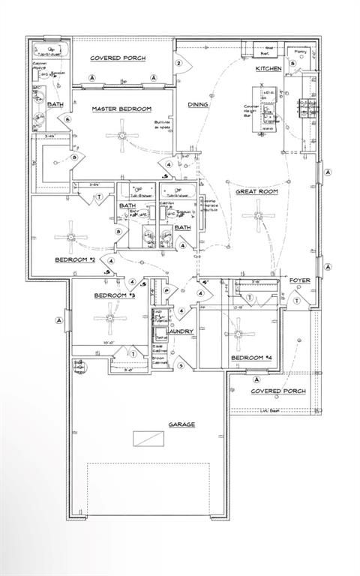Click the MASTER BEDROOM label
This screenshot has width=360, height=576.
tap(121, 109)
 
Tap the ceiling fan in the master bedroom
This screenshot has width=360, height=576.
tap(121, 136)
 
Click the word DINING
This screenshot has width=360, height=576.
tap(198, 105)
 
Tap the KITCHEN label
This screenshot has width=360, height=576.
tap(268, 68)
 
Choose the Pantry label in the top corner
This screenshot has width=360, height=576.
tap(301, 51)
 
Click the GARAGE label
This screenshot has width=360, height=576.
tap(181, 424)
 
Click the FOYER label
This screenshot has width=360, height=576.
tap(300, 280)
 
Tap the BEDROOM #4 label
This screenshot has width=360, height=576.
tap(248, 358)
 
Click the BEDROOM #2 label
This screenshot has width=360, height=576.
tap(74, 259)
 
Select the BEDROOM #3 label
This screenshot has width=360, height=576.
tap(114, 295)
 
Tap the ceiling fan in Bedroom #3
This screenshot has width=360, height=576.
tap(110, 317)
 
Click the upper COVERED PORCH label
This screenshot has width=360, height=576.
tap(118, 58)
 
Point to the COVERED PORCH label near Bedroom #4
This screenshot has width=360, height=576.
tap(277, 391)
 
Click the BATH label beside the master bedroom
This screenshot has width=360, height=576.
tap(55, 104)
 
